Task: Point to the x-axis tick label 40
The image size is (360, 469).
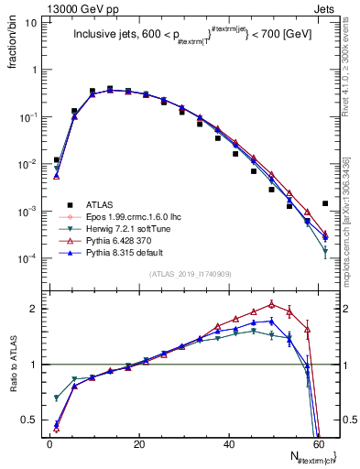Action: (229, 443)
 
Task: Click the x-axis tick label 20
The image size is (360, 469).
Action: (139, 443)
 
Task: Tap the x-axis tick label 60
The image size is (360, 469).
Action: (319, 443)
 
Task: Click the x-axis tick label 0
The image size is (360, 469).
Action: (49, 443)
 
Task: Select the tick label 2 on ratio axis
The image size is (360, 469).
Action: (33, 308)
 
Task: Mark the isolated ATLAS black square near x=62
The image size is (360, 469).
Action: (325, 203)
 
